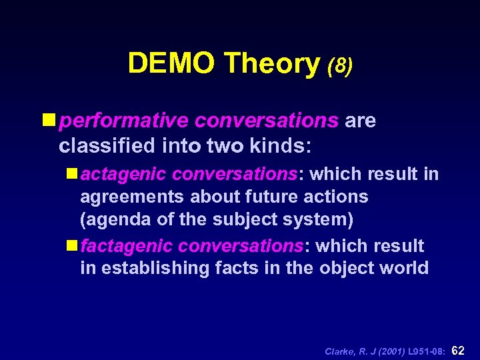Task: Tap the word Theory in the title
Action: click(273, 63)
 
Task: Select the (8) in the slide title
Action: click(339, 65)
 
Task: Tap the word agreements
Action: click(133, 197)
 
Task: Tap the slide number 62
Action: click(459, 350)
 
